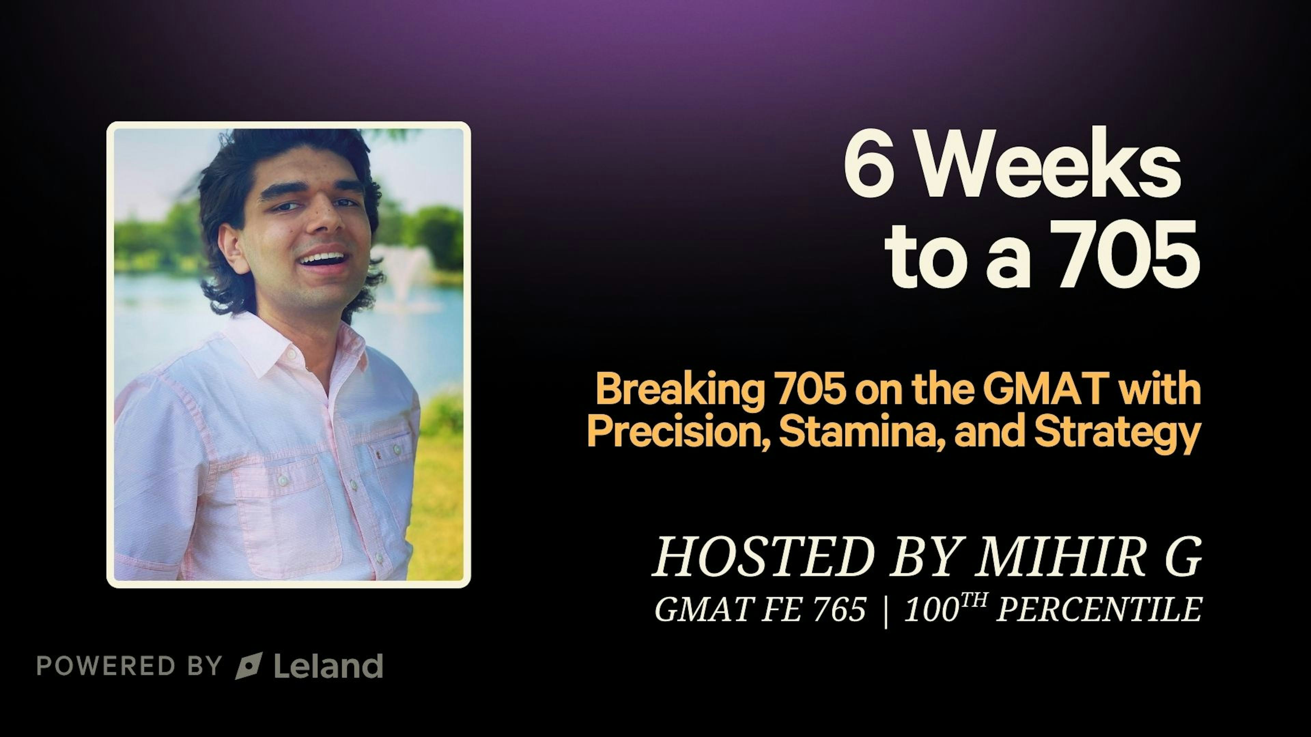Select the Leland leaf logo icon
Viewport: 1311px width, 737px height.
click(249, 665)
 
